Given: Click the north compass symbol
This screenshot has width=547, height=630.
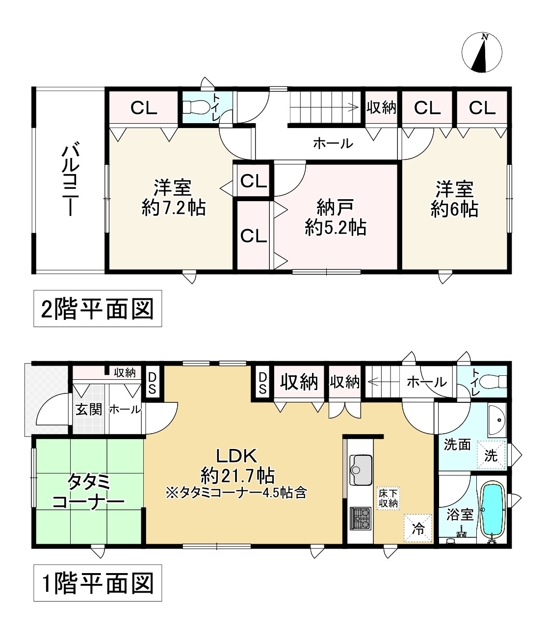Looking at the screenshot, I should tap(482, 52).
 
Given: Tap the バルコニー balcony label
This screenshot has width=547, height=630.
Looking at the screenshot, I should tap(68, 179).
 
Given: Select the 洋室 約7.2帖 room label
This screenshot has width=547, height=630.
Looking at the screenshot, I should tap(173, 198).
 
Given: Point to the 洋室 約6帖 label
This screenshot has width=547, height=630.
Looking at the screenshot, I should tap(454, 199).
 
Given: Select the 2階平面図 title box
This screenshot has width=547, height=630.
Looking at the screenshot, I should tap(97, 310).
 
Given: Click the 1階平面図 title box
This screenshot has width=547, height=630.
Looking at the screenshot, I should tap(97, 584).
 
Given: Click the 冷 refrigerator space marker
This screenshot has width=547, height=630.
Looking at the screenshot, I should tap(418, 528).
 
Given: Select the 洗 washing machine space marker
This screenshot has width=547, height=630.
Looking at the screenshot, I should tap(491, 455).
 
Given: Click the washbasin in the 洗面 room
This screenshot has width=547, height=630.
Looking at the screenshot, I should tap(497, 420).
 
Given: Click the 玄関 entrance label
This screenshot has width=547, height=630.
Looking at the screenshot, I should tap(88, 409).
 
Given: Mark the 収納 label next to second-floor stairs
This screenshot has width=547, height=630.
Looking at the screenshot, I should tap(381, 107).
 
